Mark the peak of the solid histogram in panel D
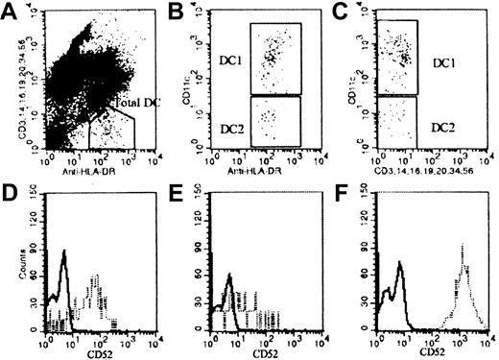[x=63, y=252]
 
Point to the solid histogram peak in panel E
[x=229, y=275]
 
